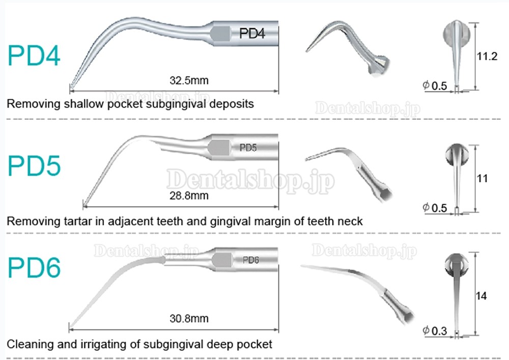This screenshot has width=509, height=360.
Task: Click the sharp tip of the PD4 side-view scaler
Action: click(70, 88)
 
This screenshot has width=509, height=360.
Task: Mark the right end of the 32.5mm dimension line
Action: click(278, 91)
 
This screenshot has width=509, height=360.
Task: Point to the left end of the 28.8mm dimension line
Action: click(83, 206)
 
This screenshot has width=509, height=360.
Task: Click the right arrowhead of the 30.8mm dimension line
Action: click(276, 330)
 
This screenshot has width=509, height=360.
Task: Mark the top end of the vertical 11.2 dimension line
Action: click(475, 23)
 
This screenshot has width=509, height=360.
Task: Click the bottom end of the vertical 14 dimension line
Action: click(475, 335)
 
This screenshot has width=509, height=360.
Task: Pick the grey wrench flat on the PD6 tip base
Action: click(222, 260)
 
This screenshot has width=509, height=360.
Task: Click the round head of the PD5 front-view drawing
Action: click(457, 154)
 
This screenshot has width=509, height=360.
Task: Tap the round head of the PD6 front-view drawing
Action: click(456, 263)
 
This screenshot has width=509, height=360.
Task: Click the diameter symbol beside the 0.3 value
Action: click(426, 330)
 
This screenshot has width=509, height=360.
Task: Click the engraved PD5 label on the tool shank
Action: click(248, 148)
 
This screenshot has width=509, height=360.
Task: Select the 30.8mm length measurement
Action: click(189, 318)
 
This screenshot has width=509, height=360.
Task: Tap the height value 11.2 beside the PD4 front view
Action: click(487, 56)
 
